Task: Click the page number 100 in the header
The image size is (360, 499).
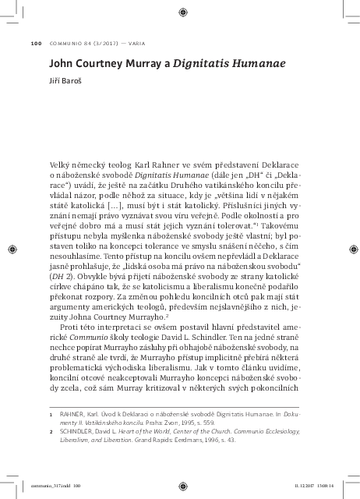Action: pos(36,43)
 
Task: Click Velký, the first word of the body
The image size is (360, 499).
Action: pos(62,165)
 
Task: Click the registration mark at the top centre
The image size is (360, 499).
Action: pos(180,10)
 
